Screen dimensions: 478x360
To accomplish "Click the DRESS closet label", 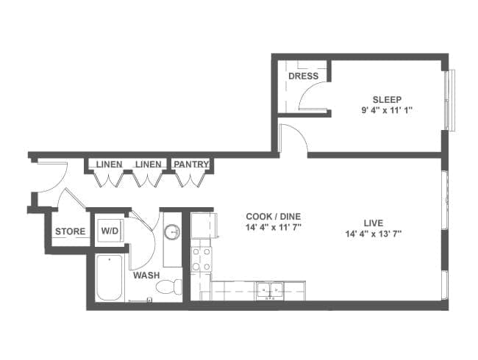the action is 303,76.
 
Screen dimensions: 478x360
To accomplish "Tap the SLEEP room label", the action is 387,100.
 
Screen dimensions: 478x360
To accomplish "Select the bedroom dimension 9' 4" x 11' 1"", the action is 387,110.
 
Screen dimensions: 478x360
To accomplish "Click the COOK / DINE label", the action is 273,217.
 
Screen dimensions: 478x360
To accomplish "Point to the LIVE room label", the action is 374,223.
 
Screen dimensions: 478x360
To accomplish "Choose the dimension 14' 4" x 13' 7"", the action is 373,234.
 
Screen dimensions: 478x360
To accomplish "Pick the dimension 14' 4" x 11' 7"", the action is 273,227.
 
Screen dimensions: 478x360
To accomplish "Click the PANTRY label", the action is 191,164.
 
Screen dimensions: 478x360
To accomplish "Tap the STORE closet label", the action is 70,231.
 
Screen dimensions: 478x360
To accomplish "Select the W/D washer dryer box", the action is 110,231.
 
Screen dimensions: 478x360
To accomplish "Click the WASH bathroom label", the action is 146,276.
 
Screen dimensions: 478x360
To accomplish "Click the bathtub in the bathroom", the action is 110,278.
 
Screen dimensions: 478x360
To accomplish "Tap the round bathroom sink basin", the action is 172,232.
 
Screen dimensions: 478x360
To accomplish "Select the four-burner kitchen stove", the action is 201,259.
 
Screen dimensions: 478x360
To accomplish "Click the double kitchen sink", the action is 269,289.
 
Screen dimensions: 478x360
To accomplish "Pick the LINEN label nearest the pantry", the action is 149,165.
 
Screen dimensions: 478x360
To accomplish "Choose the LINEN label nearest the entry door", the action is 109,165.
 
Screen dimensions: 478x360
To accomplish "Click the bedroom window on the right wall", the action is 449,100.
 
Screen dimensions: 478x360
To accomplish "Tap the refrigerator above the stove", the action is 203,226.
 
